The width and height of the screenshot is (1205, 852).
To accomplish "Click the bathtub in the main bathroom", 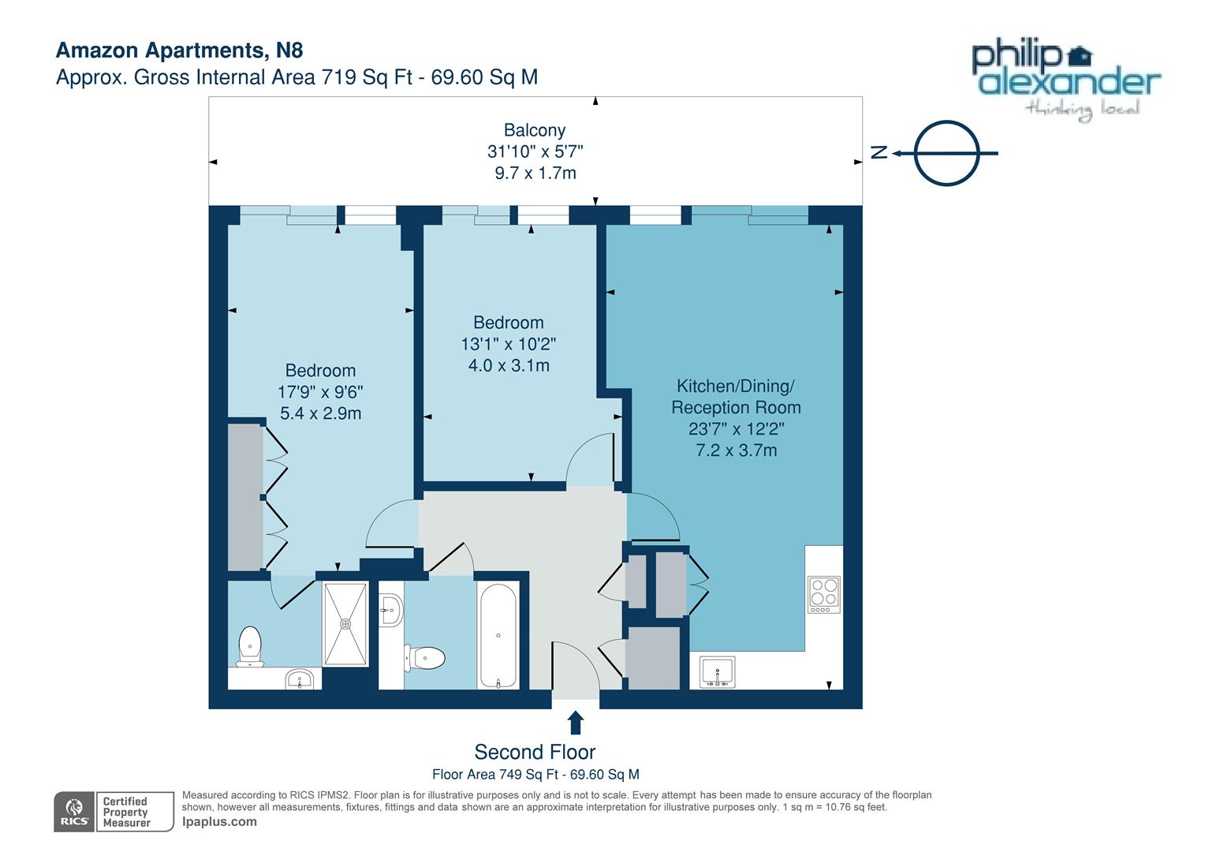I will [x=498, y=635].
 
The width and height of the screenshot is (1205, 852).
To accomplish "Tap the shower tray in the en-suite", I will [x=345, y=623].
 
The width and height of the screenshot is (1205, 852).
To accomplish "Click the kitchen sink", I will [x=716, y=672].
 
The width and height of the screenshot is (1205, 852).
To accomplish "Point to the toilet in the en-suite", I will [x=250, y=647].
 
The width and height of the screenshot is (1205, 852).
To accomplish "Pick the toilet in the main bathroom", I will [x=426, y=656].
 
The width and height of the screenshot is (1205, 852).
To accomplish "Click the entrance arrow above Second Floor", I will [x=576, y=723].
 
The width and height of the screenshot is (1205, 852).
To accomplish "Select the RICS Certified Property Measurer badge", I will [x=114, y=812].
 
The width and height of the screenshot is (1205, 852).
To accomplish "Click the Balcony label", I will [x=535, y=130].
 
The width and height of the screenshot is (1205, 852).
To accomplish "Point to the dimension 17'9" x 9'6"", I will [x=320, y=392].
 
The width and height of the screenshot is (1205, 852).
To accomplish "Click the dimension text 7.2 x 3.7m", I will [x=736, y=450].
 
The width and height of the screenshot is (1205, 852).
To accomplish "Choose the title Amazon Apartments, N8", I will [x=179, y=50].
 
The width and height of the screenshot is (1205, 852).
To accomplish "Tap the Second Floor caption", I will [x=535, y=752].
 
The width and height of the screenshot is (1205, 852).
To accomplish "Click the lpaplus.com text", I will [x=219, y=821].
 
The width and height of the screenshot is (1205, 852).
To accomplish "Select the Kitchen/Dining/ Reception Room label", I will [x=736, y=397].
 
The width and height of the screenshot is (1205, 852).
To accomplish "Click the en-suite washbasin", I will [x=300, y=679].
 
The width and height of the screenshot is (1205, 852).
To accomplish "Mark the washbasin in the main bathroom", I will [x=390, y=609].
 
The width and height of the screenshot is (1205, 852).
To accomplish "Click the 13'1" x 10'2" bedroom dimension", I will [x=509, y=344].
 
